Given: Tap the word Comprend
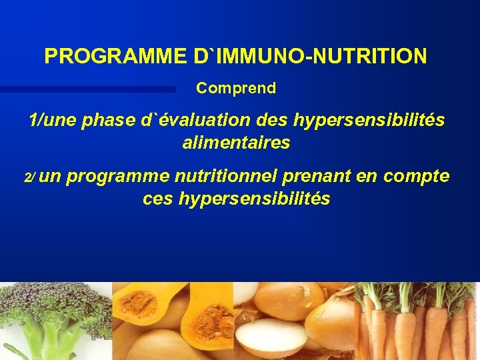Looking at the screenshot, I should tap(236, 88).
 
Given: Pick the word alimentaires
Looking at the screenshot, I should tap(236, 143).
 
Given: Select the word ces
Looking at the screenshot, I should tap(158, 199).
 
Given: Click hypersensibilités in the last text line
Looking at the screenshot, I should tap(254, 199).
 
